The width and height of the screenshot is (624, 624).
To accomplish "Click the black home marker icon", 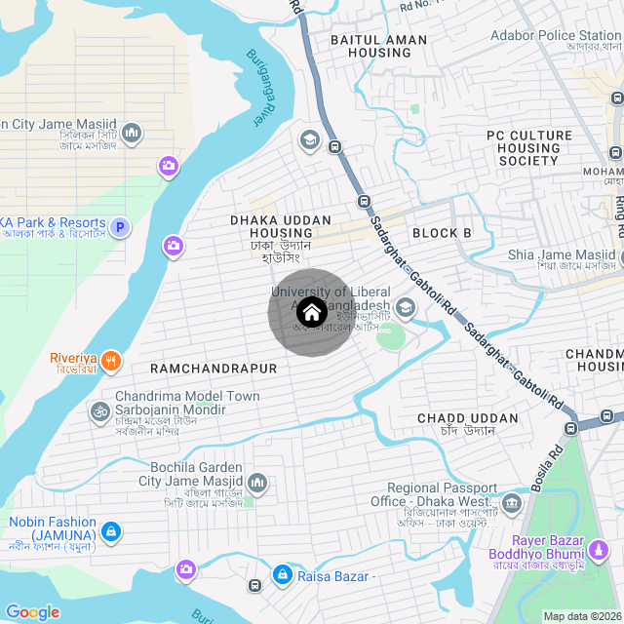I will [311, 312].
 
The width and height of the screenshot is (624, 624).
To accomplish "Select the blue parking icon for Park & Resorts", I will [120, 227].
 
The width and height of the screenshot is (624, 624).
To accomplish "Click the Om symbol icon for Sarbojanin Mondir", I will [97, 412].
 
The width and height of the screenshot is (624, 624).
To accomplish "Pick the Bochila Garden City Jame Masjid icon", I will [257, 483].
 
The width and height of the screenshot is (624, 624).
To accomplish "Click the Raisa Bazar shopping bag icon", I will [283, 575].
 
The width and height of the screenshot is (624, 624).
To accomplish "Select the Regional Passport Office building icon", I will [511, 503].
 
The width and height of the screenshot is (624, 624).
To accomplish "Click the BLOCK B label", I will [442, 233].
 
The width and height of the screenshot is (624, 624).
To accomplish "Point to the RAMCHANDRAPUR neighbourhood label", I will [214, 369].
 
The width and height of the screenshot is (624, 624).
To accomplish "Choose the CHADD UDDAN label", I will [468, 418].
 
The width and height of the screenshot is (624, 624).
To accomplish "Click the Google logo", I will [32, 611].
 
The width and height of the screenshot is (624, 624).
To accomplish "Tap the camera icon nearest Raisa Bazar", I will [185, 568].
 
